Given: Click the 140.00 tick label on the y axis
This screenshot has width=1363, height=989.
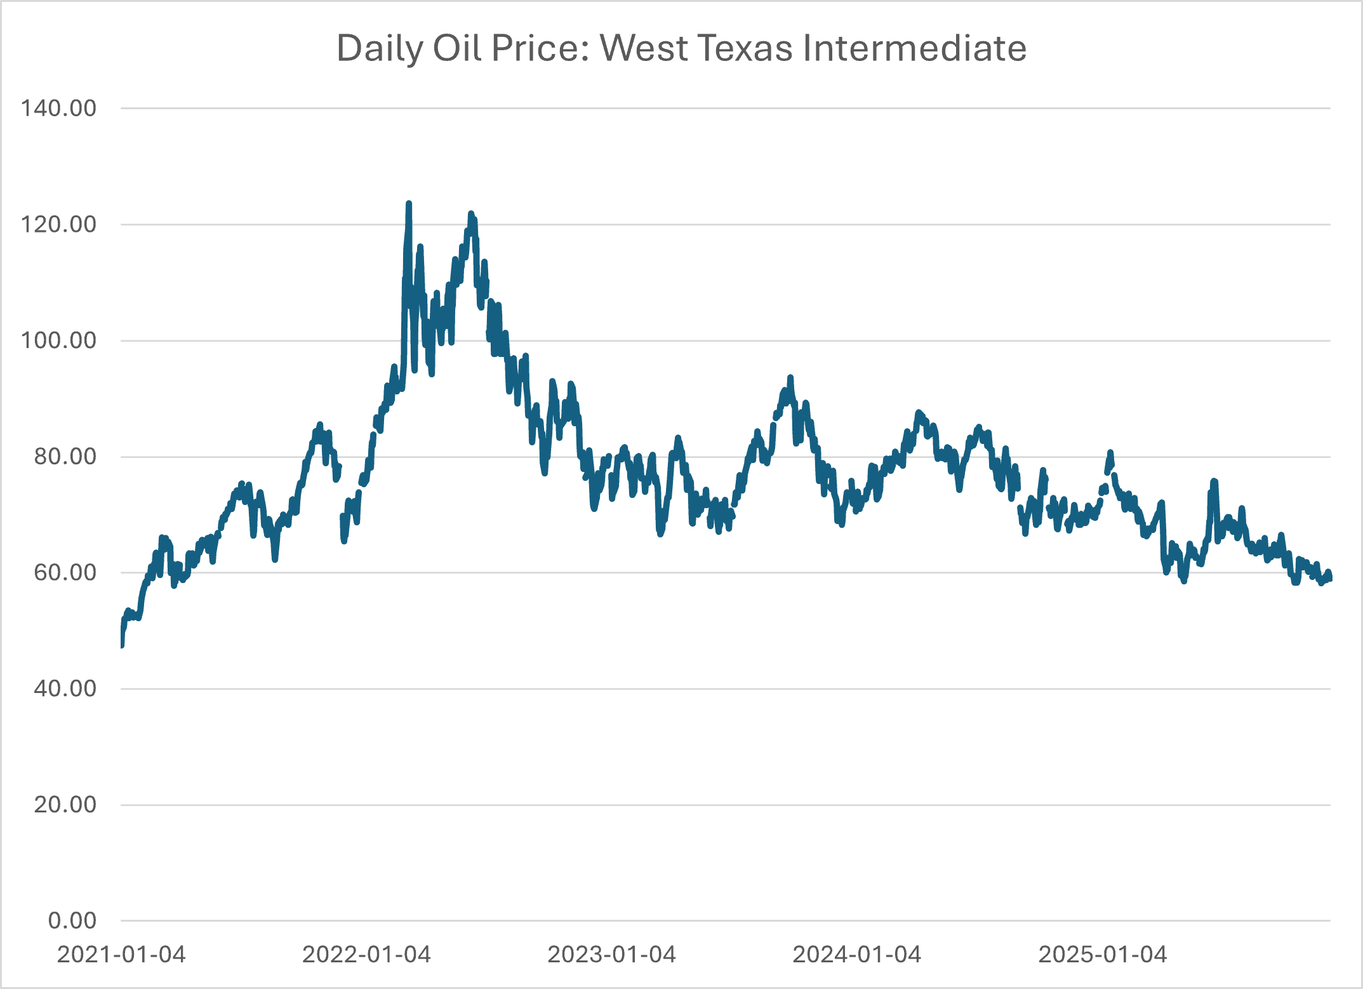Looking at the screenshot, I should (x=58, y=108).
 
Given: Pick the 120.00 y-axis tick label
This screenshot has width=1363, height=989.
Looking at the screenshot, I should (x=58, y=224).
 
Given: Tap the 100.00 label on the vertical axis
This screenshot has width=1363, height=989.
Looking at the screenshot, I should (x=58, y=340).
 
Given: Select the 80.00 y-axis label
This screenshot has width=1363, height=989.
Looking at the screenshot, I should (x=65, y=457).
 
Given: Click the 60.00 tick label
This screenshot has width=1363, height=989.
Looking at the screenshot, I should (x=65, y=572).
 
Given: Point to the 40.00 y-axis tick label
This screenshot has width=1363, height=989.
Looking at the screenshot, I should (x=65, y=689).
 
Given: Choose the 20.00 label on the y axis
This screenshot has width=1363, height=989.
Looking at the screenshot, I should (x=65, y=805).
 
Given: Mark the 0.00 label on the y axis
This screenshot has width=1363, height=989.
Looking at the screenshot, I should (x=72, y=920).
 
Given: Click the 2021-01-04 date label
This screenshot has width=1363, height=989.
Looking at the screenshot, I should (x=121, y=955).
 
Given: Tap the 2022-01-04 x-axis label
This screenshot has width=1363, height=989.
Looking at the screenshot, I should (x=366, y=955).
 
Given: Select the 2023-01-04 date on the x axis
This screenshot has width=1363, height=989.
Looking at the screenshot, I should (x=612, y=955).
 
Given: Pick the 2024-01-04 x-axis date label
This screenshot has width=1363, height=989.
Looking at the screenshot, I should (x=857, y=955).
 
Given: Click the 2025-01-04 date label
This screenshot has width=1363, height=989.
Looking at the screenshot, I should (x=1103, y=955).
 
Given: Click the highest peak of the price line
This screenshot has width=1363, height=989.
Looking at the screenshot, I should (x=409, y=204).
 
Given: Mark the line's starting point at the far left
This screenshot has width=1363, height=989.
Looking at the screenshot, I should (x=121, y=645).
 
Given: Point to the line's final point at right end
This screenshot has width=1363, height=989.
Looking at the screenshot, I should (x=1330, y=578).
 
